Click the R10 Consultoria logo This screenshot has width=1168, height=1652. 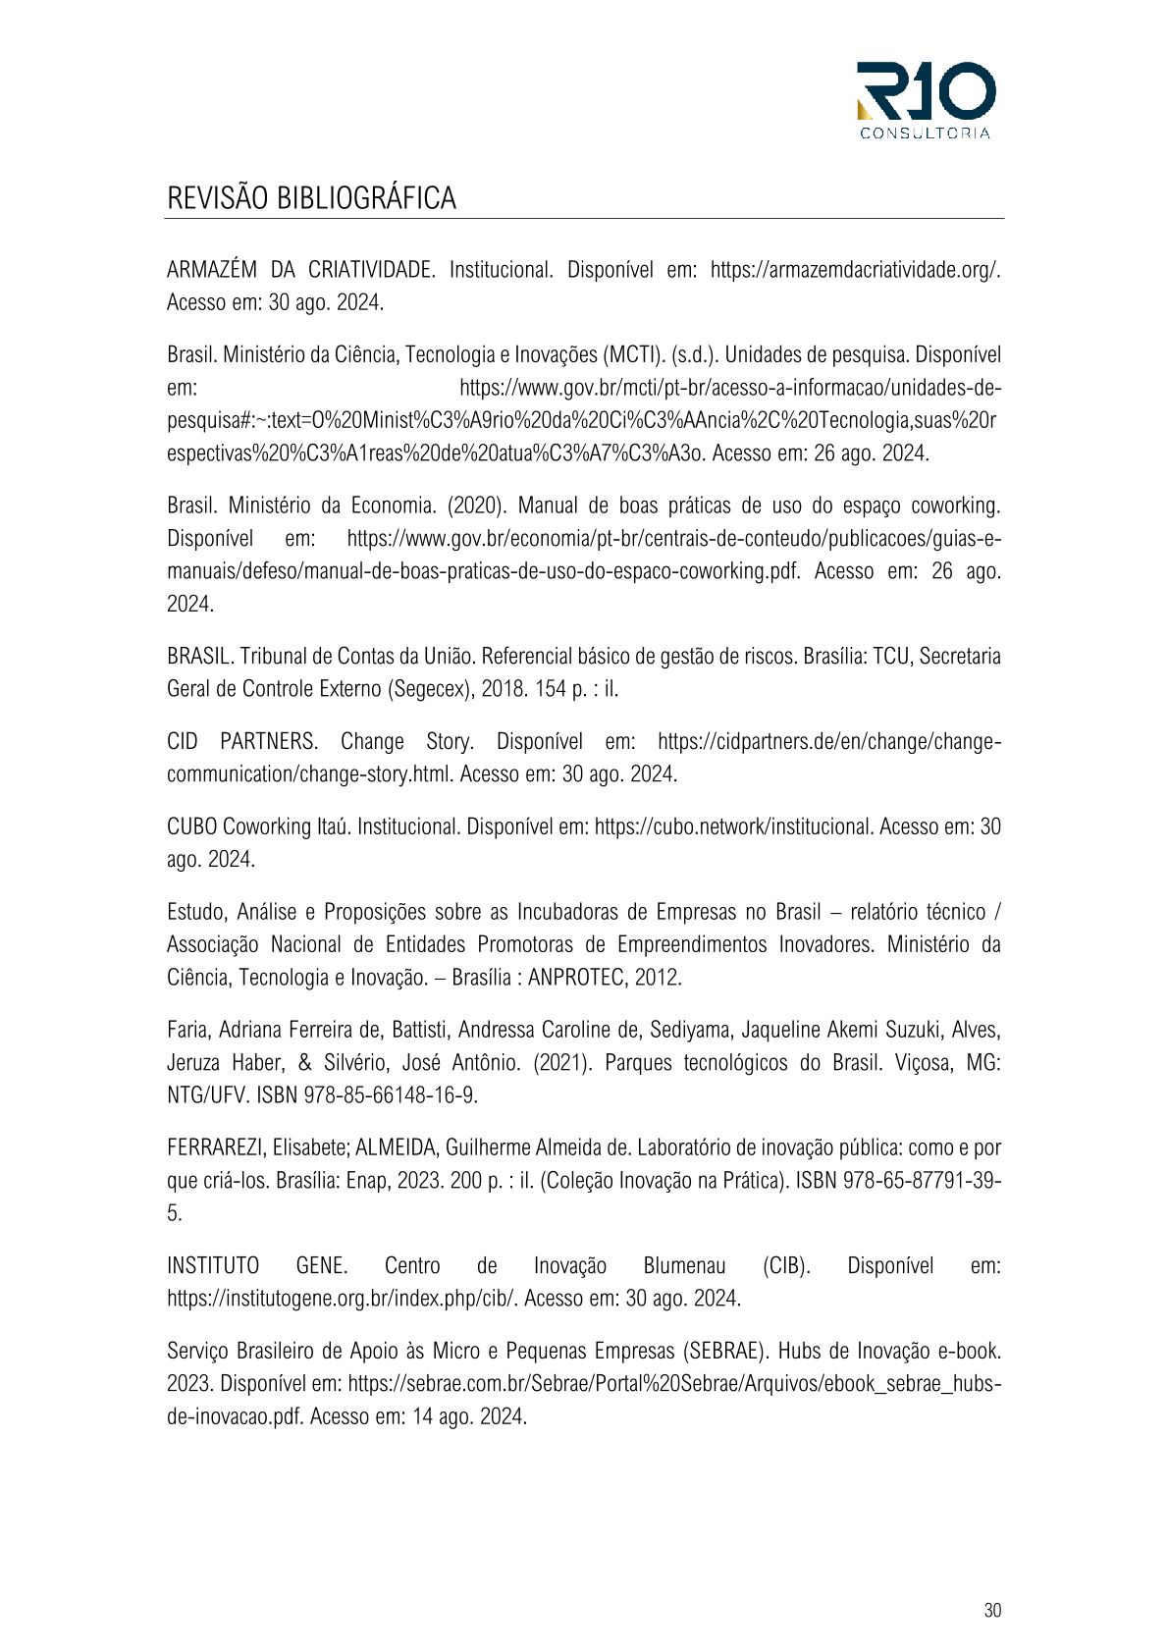point(926,99)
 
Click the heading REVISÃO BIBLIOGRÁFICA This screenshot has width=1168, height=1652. point(311,197)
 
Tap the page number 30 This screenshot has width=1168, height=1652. point(991,1610)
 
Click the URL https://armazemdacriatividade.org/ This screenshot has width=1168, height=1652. point(855,270)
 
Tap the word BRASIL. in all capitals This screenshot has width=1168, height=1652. point(199,656)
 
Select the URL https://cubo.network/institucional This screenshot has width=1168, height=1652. point(733,826)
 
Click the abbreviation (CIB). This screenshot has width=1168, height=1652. point(786,1266)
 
